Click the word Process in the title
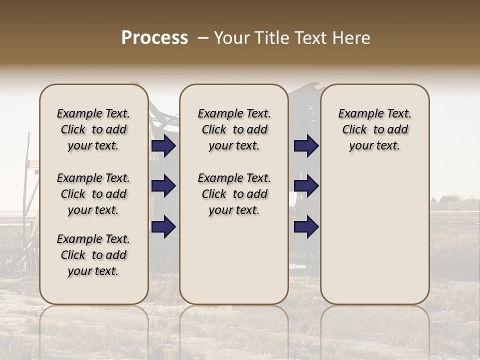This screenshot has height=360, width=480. [154, 38]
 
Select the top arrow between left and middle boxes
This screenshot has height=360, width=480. [163, 146]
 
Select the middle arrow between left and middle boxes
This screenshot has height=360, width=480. [163, 186]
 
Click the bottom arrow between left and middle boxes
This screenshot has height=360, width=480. [163, 226]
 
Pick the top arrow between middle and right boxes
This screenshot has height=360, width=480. [306, 146]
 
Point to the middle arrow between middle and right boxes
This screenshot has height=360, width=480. [306, 186]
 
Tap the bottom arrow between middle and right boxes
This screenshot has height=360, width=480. [306, 226]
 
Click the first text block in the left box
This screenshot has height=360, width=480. [93, 129]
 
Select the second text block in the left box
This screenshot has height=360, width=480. [93, 194]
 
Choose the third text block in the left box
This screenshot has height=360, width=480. [93, 255]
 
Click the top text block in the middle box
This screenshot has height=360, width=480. [234, 129]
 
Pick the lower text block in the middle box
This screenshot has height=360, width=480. [234, 194]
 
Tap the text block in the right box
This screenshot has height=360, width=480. [374, 129]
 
